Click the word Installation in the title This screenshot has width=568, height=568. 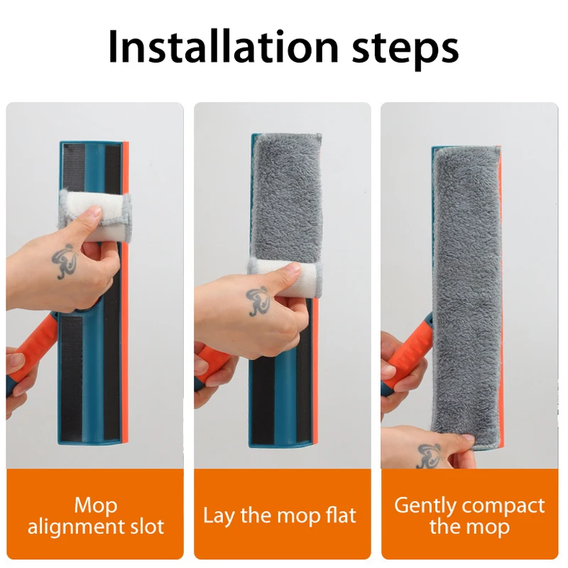223,47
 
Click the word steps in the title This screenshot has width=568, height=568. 405,50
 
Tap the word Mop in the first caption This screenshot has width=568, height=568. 96,506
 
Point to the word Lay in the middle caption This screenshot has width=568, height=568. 219,516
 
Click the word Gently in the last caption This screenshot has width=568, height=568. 425,506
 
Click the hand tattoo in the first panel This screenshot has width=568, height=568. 65,261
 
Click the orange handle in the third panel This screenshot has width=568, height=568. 409,348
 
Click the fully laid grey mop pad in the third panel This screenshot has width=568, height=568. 467,297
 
